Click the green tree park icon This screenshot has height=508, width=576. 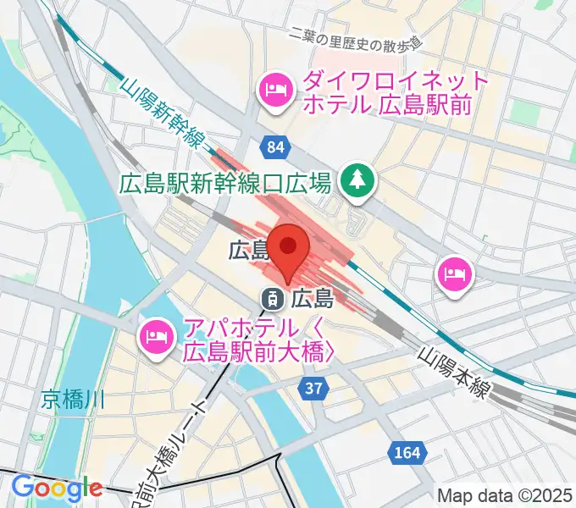(x=357, y=180)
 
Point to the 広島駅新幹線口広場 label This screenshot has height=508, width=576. (x=224, y=182)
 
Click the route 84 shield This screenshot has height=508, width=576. (x=274, y=148)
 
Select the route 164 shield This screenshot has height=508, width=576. (x=406, y=454)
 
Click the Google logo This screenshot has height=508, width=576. (x=57, y=488)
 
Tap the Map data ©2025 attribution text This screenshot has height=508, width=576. (x=504, y=495)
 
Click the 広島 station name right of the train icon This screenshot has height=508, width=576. (x=311, y=298)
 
